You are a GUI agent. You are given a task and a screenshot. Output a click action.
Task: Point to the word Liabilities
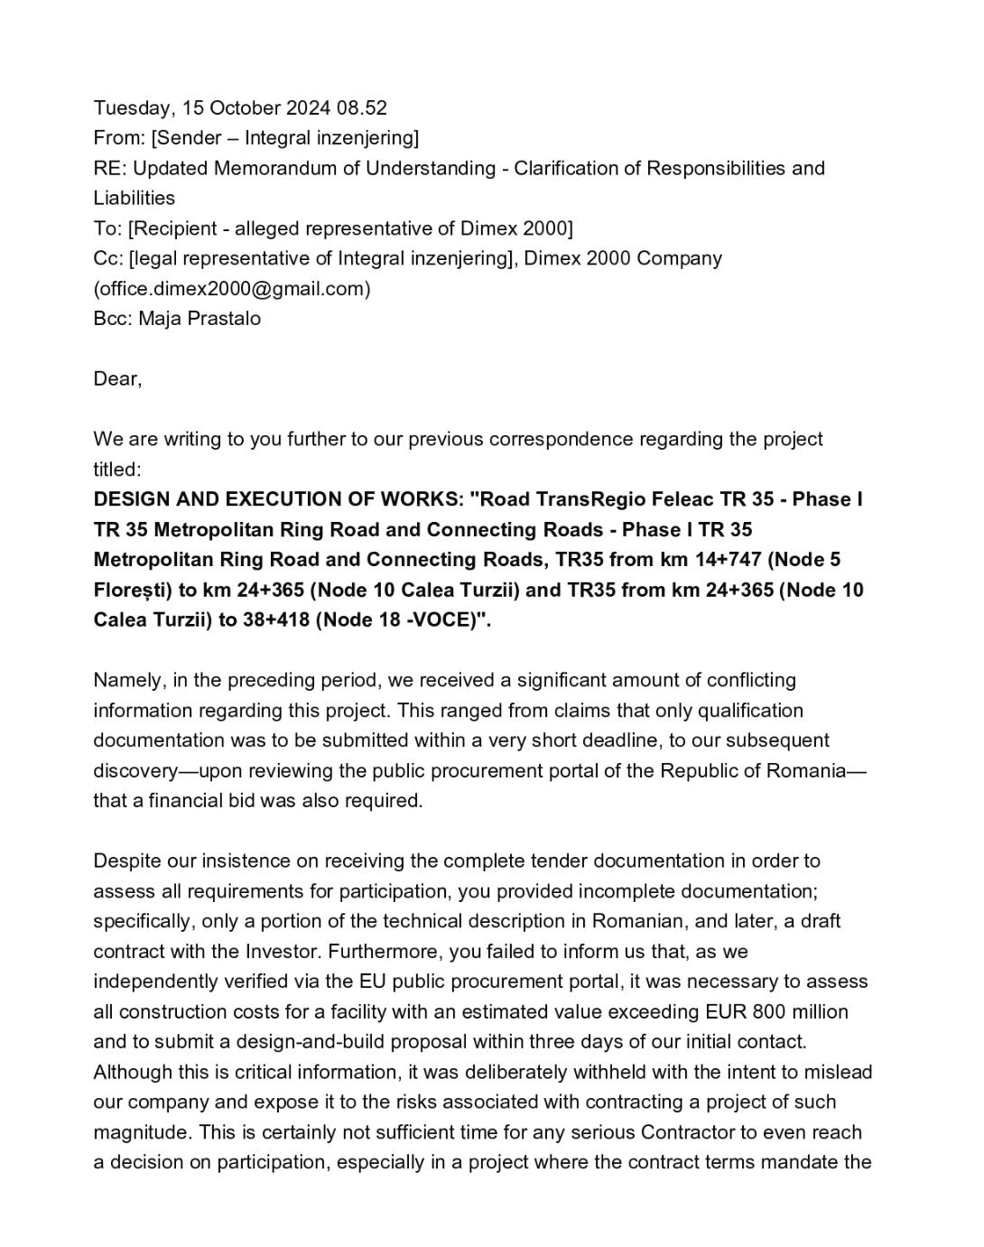point(135,198)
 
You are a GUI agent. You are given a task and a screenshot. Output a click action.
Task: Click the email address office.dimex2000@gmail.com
point(232,289)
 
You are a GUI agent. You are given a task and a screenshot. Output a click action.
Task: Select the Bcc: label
point(113,319)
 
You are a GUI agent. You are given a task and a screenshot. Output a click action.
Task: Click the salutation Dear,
point(117,379)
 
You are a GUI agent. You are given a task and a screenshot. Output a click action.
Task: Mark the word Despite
point(126,861)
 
